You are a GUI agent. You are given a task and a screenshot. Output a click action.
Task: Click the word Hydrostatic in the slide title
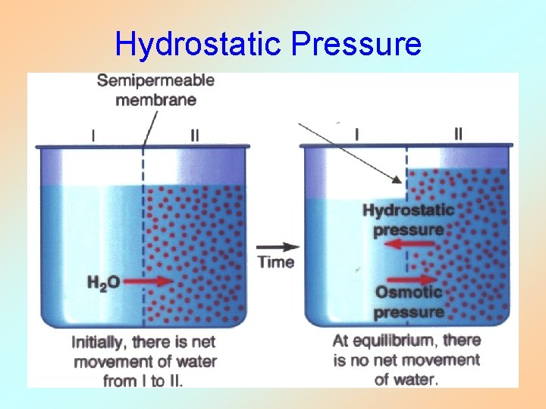point(199,44)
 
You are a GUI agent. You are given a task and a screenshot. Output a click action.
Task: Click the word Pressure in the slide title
point(356,44)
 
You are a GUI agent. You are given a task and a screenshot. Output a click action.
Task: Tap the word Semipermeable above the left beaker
point(155,81)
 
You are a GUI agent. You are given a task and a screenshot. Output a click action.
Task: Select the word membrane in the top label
point(157,100)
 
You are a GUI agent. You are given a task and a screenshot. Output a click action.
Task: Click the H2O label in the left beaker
point(102,282)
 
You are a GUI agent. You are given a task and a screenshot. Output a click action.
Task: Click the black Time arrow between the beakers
point(276,246)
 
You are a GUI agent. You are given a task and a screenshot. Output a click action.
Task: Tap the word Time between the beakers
point(276,262)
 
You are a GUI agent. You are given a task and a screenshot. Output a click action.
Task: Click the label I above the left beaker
point(93,136)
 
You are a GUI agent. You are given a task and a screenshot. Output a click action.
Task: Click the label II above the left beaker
point(195,136)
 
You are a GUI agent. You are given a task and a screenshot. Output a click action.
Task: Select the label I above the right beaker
point(356,134)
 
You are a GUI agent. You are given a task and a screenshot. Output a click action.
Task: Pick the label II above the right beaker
point(458,134)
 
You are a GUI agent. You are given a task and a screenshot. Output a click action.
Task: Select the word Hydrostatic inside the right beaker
point(409,210)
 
